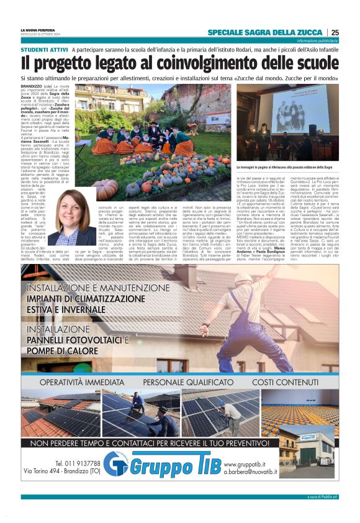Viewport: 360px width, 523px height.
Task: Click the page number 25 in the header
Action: (x=335, y=32)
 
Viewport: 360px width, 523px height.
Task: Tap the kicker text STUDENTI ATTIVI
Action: (x=44, y=48)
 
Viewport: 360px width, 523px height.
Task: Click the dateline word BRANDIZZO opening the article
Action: (x=34, y=86)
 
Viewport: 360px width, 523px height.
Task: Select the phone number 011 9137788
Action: (x=77, y=463)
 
